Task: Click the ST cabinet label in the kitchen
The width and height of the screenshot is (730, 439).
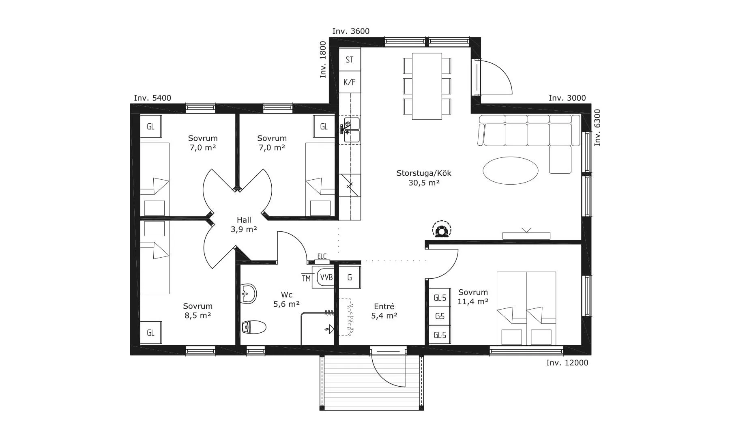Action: click(x=350, y=60)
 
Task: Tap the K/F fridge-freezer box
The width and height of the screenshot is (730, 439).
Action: click(x=350, y=82)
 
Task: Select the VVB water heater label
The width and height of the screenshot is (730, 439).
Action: click(x=326, y=278)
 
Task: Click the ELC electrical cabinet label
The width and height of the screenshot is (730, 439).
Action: click(x=322, y=256)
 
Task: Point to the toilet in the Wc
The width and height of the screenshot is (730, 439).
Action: click(x=253, y=327)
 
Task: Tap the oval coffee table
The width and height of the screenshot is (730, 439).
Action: click(x=511, y=170)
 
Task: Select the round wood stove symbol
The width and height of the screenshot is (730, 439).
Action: click(x=441, y=230)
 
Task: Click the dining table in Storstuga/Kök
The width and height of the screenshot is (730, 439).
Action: click(x=427, y=86)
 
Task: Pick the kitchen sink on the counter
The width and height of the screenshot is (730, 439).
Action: click(x=352, y=130)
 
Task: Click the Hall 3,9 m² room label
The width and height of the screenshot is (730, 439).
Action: click(x=244, y=225)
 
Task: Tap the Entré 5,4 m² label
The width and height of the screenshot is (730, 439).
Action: click(x=384, y=311)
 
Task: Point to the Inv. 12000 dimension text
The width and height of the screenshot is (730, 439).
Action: click(x=567, y=363)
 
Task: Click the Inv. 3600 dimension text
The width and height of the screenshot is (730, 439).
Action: click(x=351, y=31)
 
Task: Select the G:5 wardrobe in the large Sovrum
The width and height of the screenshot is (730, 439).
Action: click(x=440, y=316)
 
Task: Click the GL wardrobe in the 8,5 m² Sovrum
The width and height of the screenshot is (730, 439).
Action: click(x=151, y=333)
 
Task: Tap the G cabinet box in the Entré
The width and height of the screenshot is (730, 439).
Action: click(x=350, y=278)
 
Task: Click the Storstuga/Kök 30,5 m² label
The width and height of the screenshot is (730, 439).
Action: click(x=424, y=178)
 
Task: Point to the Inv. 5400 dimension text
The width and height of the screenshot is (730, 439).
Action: click(x=152, y=98)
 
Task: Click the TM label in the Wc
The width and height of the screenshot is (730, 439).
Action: click(x=306, y=278)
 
